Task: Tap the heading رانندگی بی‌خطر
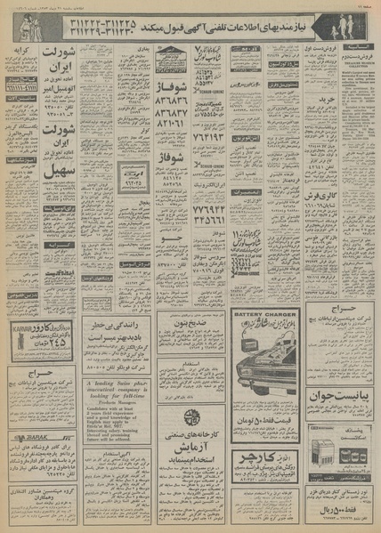[x=117, y=326]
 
